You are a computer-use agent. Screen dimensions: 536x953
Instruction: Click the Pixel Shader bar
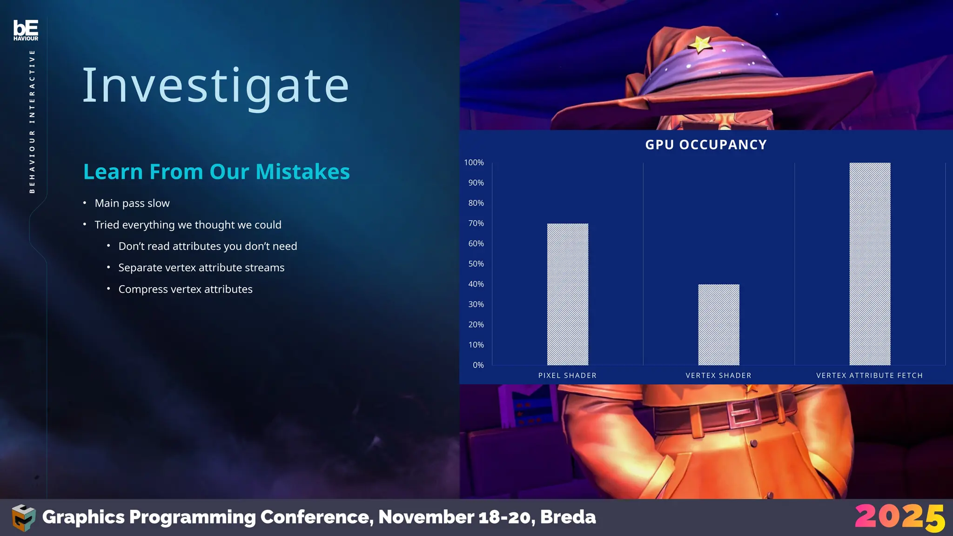(567, 294)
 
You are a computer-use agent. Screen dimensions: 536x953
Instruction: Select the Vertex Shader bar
(718, 324)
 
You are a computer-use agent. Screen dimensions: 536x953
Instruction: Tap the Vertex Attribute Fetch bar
(870, 264)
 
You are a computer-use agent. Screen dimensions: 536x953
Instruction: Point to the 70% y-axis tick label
(476, 223)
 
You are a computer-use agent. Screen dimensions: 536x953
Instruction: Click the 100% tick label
(474, 162)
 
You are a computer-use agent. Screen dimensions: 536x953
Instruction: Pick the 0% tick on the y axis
(478, 365)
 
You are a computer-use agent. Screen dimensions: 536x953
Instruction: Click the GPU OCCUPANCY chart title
(706, 145)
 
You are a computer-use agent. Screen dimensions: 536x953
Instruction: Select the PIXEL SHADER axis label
(567, 375)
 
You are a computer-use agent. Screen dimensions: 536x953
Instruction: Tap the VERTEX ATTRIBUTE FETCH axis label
(869, 375)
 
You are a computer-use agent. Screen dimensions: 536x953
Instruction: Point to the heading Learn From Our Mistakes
(216, 172)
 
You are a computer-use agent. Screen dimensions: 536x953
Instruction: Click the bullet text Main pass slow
(132, 203)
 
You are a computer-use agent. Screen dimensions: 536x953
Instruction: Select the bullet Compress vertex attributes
(185, 289)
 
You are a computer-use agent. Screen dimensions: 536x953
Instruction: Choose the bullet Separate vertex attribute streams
(201, 268)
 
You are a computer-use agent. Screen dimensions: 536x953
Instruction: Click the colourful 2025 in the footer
(900, 517)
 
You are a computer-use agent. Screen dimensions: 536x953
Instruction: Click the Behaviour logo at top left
(26, 30)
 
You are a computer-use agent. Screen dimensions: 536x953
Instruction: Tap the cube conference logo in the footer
(23, 517)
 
